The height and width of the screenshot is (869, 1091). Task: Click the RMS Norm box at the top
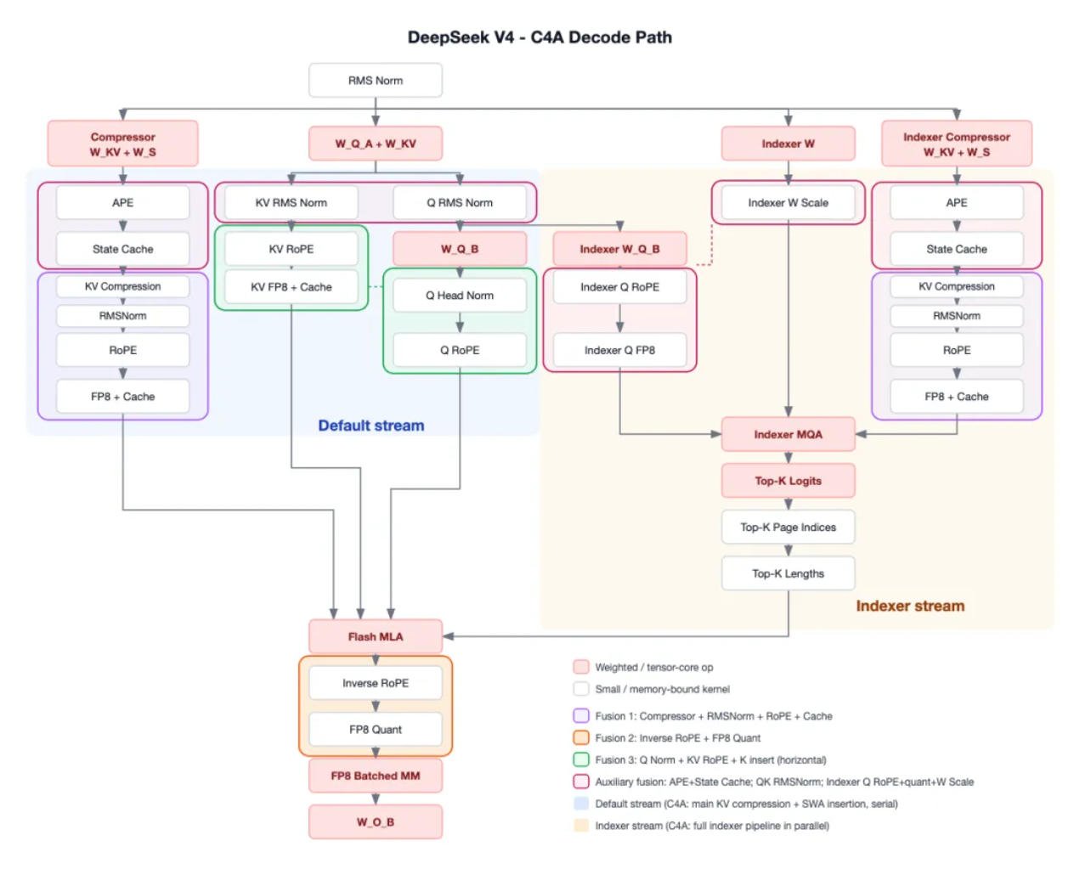pyautogui.click(x=376, y=80)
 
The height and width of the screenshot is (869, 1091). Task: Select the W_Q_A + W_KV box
pyautogui.click(x=376, y=144)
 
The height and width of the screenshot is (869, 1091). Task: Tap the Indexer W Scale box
pyautogui.click(x=788, y=202)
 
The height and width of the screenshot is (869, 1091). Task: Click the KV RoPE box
pyautogui.click(x=291, y=249)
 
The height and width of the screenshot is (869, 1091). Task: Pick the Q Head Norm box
pyautogui.click(x=460, y=295)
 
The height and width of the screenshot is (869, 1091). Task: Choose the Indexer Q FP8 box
pyautogui.click(x=619, y=350)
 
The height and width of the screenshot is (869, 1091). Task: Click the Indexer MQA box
pyautogui.click(x=788, y=434)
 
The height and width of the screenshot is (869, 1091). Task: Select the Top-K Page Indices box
pyautogui.click(x=788, y=527)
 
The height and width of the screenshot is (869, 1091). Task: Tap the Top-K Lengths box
pyautogui.click(x=788, y=573)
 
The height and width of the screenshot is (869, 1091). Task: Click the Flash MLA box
pyautogui.click(x=376, y=636)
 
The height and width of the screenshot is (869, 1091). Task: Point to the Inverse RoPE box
pyautogui.click(x=376, y=682)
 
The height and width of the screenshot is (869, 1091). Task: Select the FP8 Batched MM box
pyautogui.click(x=376, y=776)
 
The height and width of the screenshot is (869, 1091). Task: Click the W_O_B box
pyautogui.click(x=376, y=821)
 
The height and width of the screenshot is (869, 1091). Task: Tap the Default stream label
pyautogui.click(x=371, y=425)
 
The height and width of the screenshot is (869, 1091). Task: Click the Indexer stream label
pyautogui.click(x=910, y=606)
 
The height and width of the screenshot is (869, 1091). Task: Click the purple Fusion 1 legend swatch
pyautogui.click(x=581, y=715)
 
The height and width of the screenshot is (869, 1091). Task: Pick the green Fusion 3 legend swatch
pyautogui.click(x=581, y=759)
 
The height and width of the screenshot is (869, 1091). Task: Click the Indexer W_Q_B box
pyautogui.click(x=619, y=249)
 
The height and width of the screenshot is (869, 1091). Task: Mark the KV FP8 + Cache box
pyautogui.click(x=291, y=286)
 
